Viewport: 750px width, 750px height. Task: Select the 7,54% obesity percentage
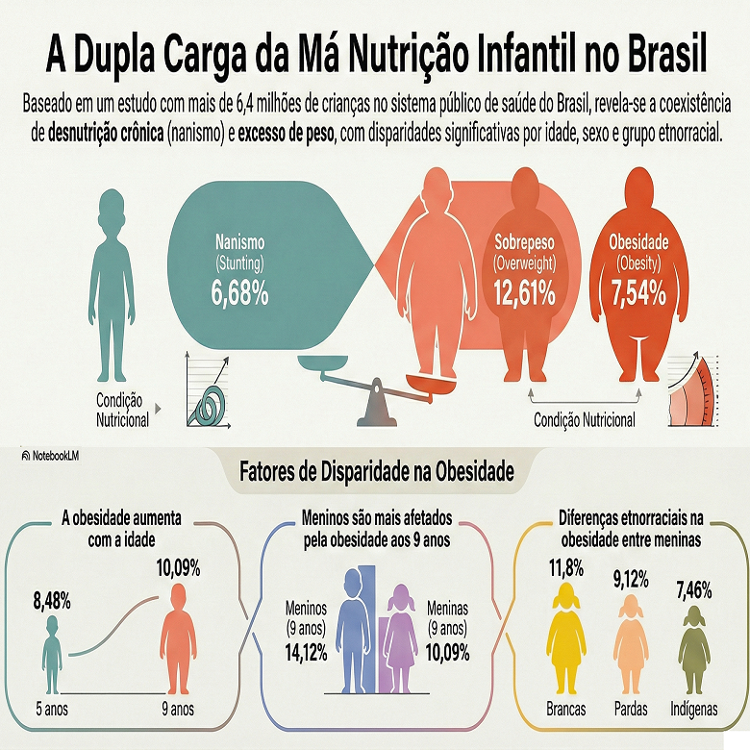(637, 293)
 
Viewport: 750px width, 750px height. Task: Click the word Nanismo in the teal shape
(239, 242)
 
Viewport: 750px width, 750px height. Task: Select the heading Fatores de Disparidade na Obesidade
(375, 473)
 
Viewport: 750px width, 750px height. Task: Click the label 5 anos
(55, 710)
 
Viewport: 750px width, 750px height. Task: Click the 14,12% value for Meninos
(307, 651)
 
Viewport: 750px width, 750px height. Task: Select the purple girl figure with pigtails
(401, 639)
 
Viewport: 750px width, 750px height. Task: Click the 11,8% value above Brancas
(565, 568)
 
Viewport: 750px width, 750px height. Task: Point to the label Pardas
(630, 710)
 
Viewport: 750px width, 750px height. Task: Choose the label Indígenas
(693, 710)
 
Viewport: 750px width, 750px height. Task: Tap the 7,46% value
(694, 587)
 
